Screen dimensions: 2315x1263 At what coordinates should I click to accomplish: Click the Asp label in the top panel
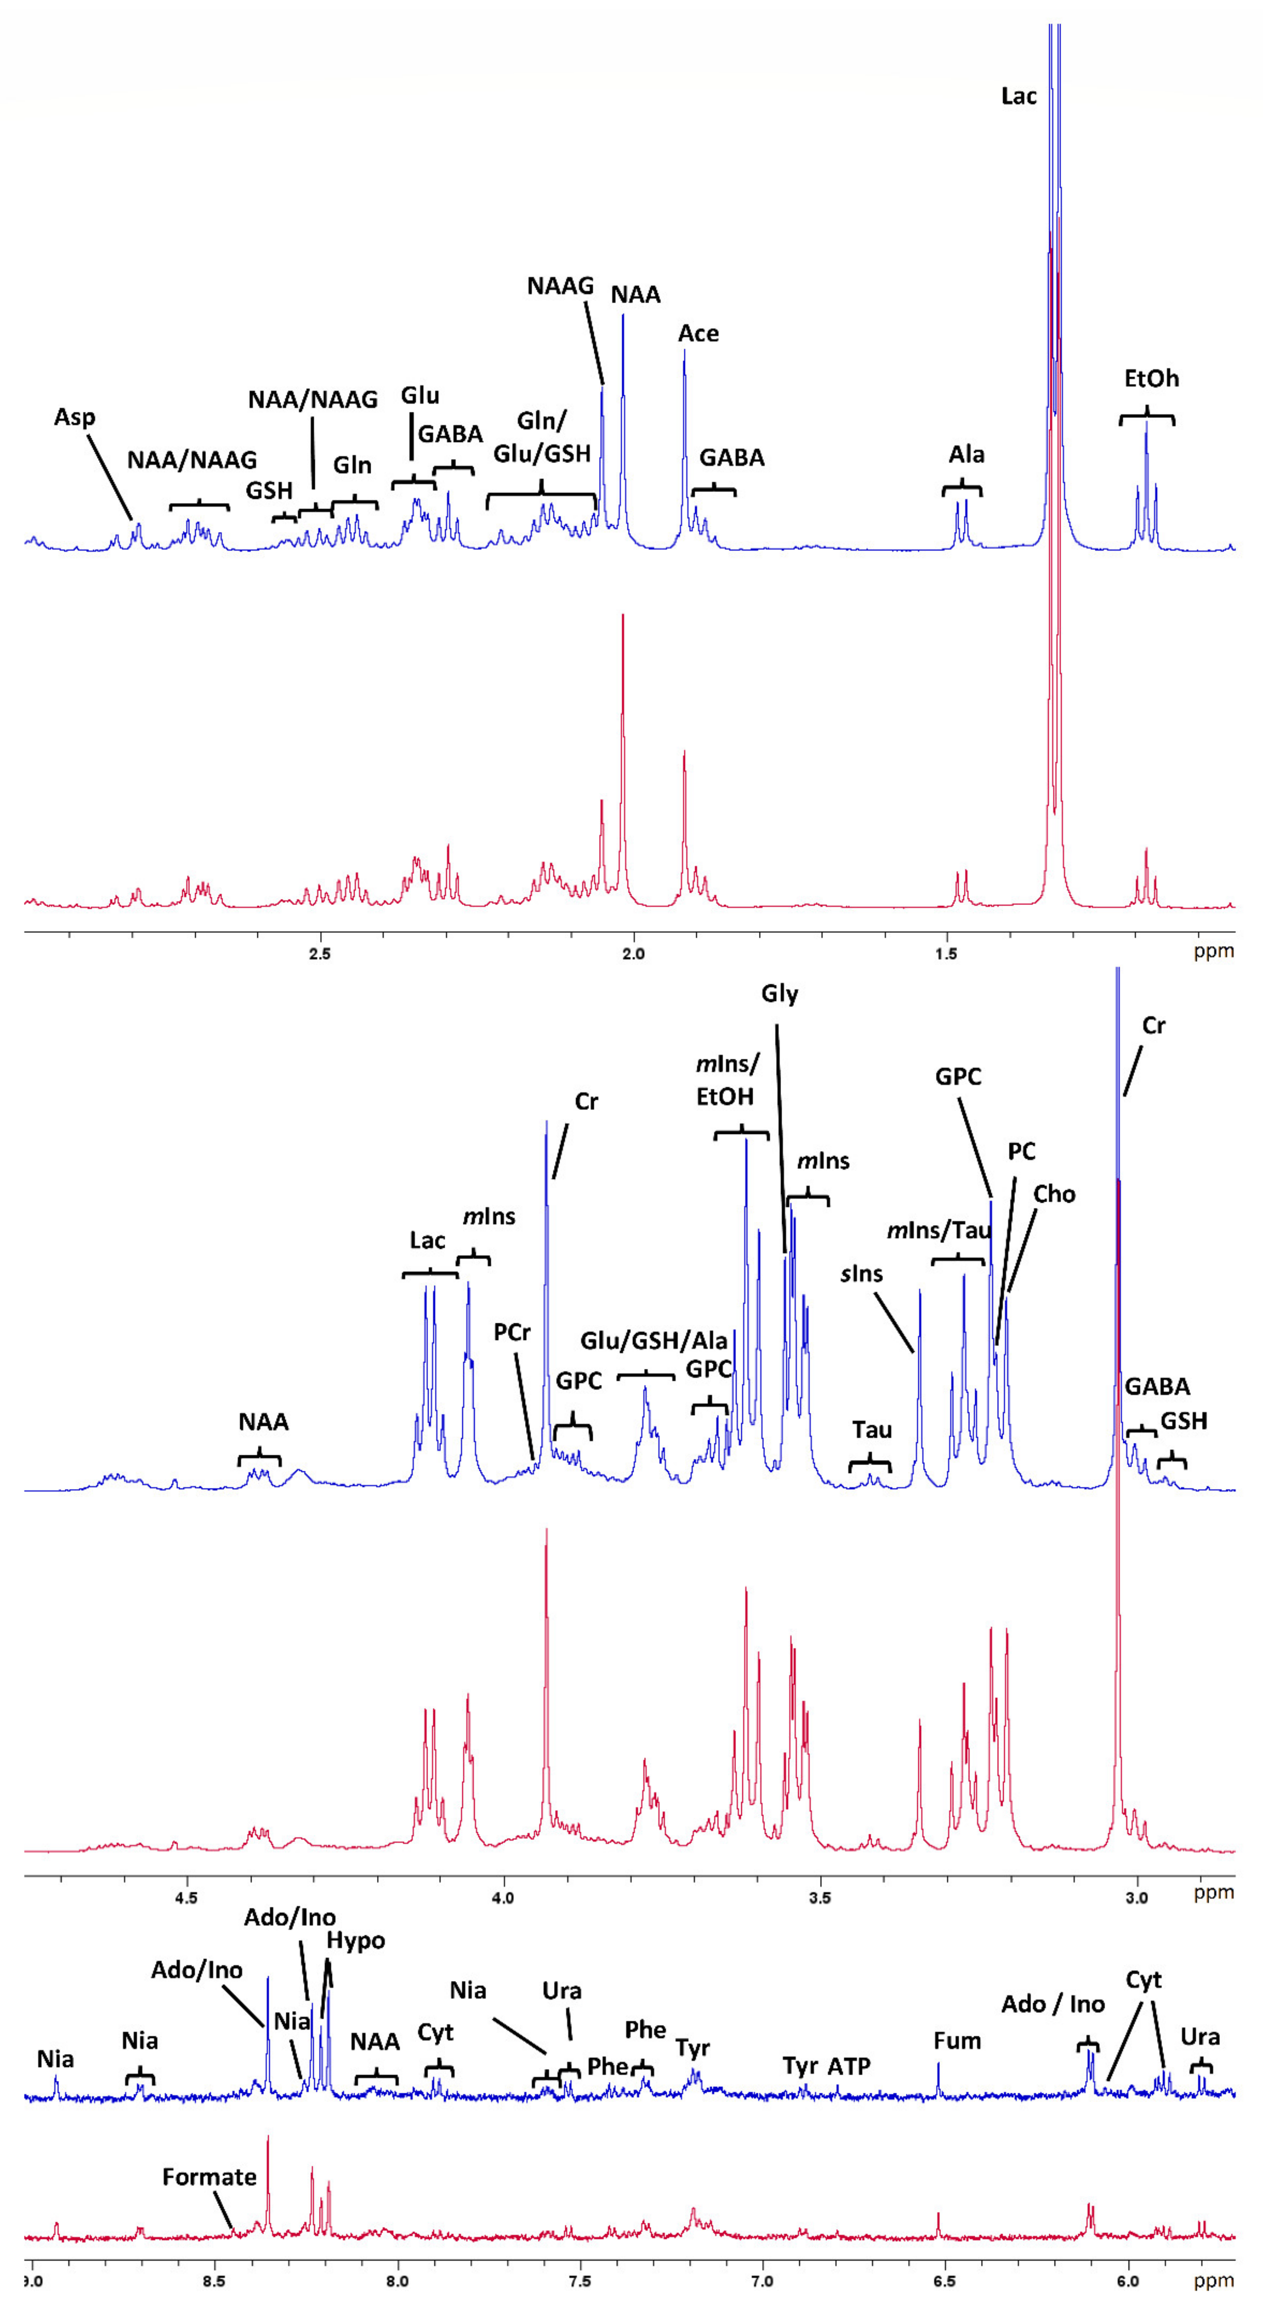click(75, 417)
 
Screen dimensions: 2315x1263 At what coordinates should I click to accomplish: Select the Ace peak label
click(698, 334)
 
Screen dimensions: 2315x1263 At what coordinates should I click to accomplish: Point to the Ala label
click(966, 455)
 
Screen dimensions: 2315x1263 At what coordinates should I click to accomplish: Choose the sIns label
click(861, 1273)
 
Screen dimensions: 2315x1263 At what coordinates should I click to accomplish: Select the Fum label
click(957, 2041)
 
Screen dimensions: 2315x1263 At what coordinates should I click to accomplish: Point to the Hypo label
click(356, 1941)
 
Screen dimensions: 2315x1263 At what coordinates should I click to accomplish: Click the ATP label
click(849, 2066)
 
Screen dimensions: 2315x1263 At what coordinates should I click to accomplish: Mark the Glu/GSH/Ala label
click(653, 1341)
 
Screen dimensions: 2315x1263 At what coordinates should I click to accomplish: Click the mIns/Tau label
click(939, 1230)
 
